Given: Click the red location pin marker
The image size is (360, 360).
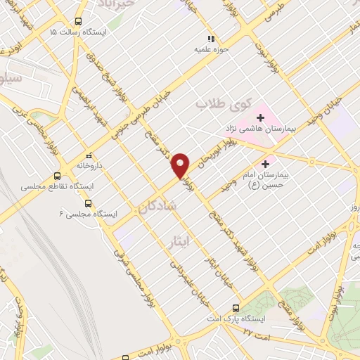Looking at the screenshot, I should tap(181, 165).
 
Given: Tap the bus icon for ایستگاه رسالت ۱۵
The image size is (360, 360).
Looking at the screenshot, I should tap(77, 22).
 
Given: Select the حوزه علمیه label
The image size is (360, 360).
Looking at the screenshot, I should tap(210, 50).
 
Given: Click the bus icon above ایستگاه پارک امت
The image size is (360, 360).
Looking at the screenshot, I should tap(236, 307).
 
